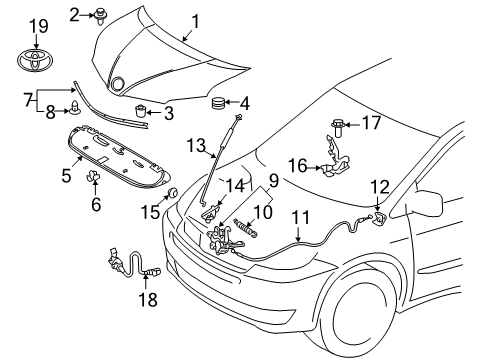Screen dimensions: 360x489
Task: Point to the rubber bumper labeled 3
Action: click(141, 110)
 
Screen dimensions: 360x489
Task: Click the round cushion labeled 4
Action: click(217, 102)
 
